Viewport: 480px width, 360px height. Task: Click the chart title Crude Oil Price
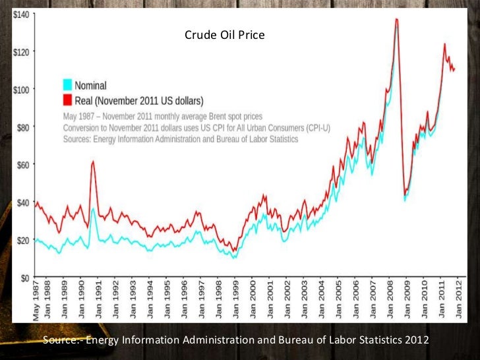(225, 34)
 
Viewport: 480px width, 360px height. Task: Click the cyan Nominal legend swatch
(67, 85)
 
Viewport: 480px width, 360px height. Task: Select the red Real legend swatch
(67, 100)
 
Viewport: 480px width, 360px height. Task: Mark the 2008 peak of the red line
(396, 19)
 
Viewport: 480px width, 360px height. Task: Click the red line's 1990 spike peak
(93, 162)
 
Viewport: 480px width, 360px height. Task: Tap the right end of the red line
(454, 69)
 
